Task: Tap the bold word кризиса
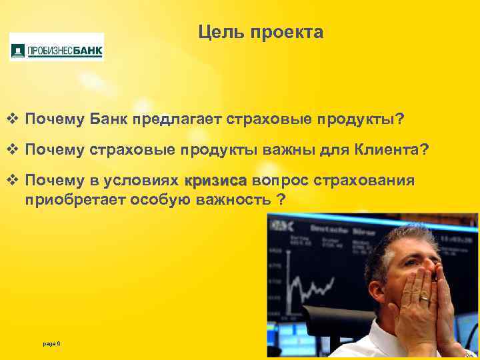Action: [x=215, y=181]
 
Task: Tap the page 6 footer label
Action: [x=51, y=343]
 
